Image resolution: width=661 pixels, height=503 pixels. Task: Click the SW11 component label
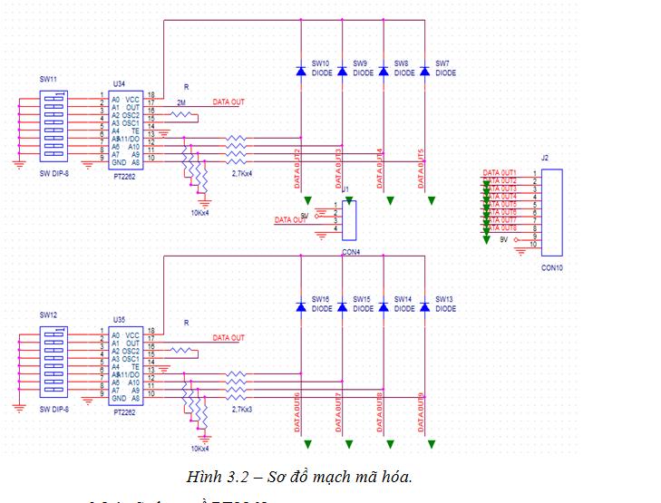tap(48, 80)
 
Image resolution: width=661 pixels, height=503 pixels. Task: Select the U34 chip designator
tap(118, 83)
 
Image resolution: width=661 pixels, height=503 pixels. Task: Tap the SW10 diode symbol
tap(300, 70)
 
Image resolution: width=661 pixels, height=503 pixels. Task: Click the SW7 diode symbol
tap(424, 70)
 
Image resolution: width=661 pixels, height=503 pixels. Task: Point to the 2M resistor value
tap(181, 102)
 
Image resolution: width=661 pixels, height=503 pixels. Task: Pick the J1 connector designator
tap(345, 189)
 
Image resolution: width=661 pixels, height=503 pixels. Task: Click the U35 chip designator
tap(118, 320)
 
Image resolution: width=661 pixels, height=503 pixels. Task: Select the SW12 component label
tap(48, 314)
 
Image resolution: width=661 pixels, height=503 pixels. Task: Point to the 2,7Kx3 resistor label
tap(244, 410)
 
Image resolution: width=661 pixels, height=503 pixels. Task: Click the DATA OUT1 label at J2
tap(500, 173)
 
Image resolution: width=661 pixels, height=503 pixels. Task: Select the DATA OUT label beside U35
tap(228, 338)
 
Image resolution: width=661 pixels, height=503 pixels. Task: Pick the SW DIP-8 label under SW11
tap(54, 172)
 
